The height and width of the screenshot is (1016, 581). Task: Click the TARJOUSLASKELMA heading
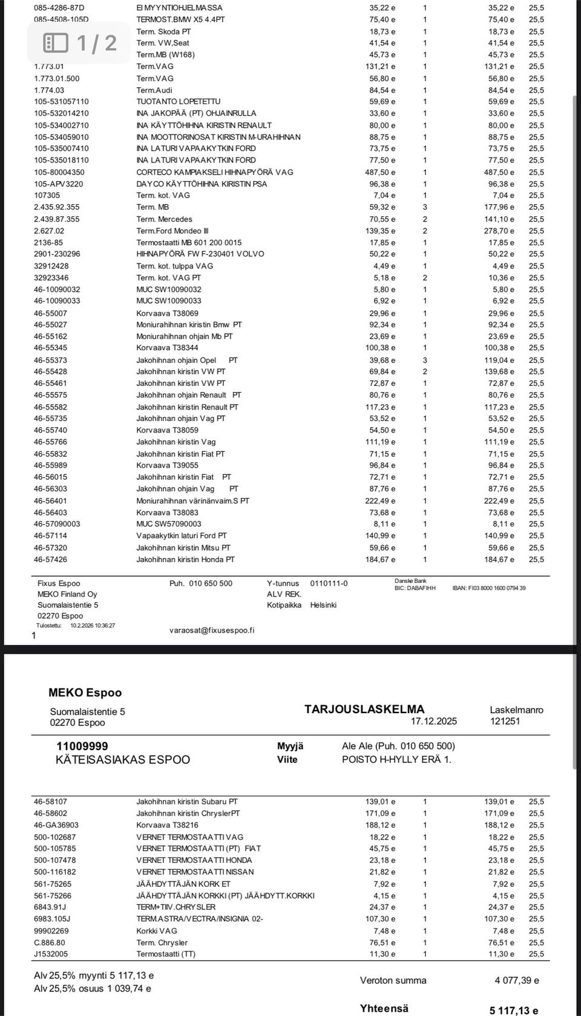tap(364, 709)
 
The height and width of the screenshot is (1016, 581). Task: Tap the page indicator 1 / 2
tap(80, 42)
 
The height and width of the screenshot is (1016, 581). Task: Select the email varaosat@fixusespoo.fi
tap(212, 630)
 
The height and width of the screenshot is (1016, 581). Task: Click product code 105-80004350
tap(59, 172)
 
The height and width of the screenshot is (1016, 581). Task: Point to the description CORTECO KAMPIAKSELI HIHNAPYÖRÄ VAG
tap(215, 172)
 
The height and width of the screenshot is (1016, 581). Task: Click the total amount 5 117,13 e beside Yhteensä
tap(514, 1010)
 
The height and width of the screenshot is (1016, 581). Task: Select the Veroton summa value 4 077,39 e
tap(516, 980)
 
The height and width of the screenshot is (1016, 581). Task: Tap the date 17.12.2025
tap(433, 721)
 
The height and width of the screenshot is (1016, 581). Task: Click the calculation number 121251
tap(505, 721)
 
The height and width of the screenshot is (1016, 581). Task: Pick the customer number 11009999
tap(82, 746)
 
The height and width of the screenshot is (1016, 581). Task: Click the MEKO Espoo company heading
tap(85, 692)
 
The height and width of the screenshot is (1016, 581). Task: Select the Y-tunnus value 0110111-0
tap(329, 583)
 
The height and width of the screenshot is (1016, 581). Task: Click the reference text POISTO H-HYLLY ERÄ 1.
tap(396, 759)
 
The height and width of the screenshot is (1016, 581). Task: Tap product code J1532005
tap(51, 954)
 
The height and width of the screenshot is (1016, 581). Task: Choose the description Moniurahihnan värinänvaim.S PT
tap(192, 501)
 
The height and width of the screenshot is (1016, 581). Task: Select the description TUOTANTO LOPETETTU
tap(179, 102)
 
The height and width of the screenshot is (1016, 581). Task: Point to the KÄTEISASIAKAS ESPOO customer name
tap(123, 760)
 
